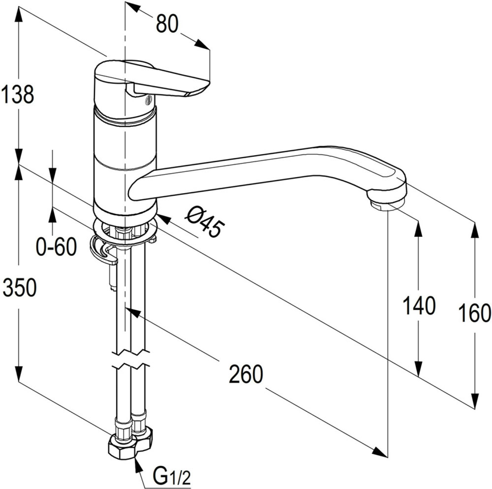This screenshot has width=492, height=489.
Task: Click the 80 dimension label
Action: click(x=167, y=24)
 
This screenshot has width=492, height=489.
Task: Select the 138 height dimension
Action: click(x=17, y=94)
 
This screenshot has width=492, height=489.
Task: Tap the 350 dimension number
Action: click(x=20, y=288)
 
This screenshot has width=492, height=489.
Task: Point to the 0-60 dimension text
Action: click(x=57, y=246)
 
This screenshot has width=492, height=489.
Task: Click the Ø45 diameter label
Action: click(x=205, y=223)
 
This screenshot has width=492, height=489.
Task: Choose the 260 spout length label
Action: click(x=246, y=374)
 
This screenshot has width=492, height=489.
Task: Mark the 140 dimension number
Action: click(x=419, y=306)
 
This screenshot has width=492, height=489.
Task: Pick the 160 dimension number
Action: click(x=474, y=313)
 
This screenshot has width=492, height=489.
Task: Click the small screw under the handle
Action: click(x=149, y=100)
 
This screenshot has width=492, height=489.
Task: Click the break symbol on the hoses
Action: click(x=131, y=359)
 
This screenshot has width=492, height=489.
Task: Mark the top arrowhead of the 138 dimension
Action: click(x=19, y=14)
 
